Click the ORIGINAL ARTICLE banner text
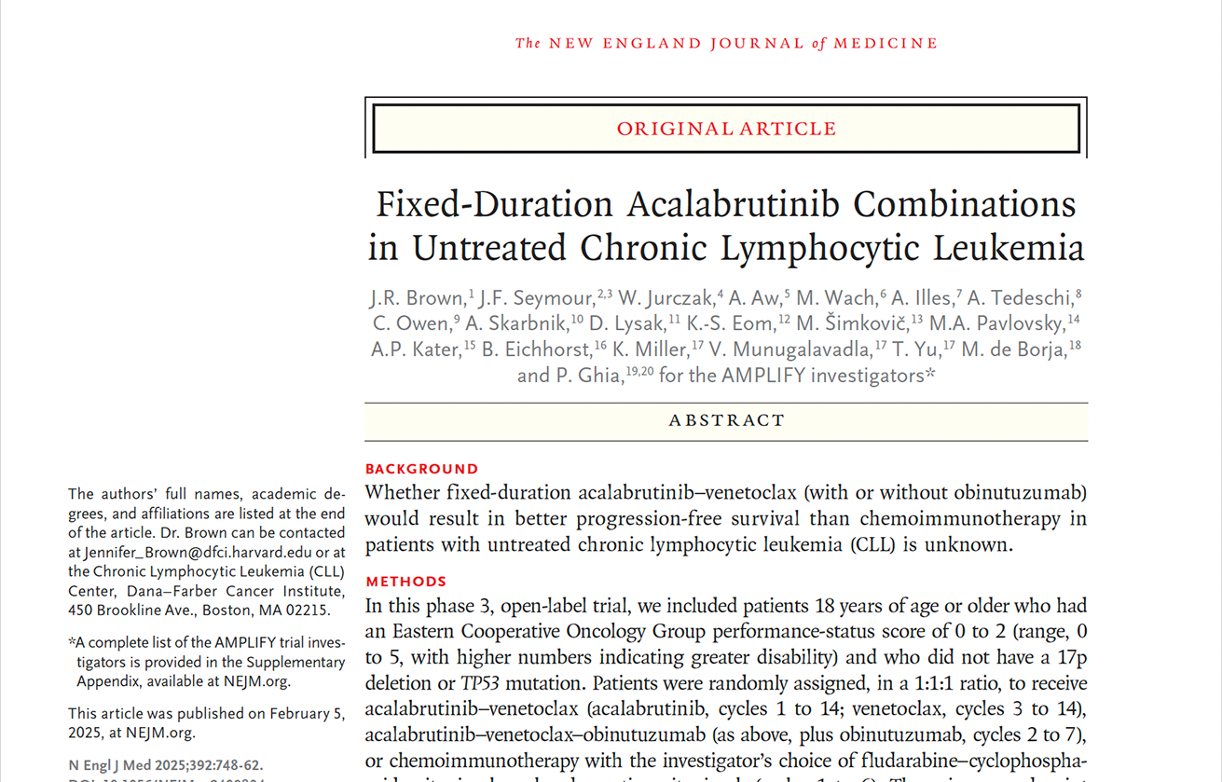726,129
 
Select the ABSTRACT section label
726,421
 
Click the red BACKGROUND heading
421,469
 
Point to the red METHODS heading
405,582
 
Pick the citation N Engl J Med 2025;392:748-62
165,766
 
